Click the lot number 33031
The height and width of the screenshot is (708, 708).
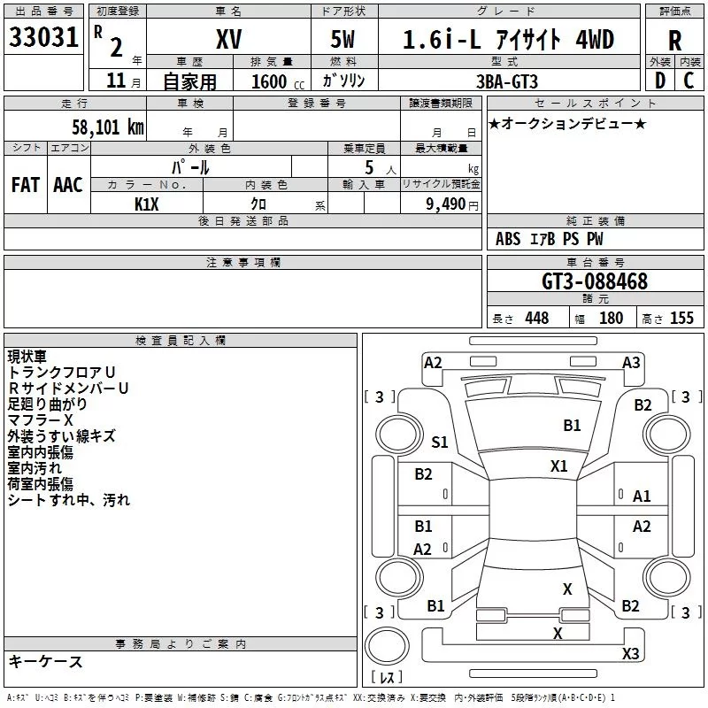pyautogui.click(x=43, y=37)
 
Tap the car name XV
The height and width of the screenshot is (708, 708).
pyautogui.click(x=229, y=39)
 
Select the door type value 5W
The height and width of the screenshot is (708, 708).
pyautogui.click(x=342, y=39)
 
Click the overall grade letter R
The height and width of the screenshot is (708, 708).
pyautogui.click(x=674, y=41)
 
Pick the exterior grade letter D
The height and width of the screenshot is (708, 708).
pyautogui.click(x=660, y=81)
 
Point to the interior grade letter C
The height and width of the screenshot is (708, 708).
pyautogui.click(x=689, y=81)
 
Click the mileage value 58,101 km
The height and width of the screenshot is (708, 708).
pyautogui.click(x=108, y=127)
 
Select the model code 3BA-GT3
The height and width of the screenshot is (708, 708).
pyautogui.click(x=507, y=81)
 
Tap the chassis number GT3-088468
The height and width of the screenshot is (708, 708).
pyautogui.click(x=595, y=281)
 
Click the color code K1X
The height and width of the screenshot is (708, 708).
pyautogui.click(x=147, y=204)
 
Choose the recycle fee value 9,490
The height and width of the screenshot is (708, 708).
pyautogui.click(x=446, y=204)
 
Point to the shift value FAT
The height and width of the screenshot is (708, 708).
pyautogui.click(x=26, y=185)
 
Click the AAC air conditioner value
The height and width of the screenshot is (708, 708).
pyautogui.click(x=68, y=185)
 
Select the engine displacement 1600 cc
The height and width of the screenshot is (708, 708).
pyautogui.click(x=278, y=81)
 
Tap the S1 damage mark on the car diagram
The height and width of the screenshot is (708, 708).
pyautogui.click(x=439, y=442)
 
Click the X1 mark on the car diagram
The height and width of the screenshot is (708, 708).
pyautogui.click(x=558, y=466)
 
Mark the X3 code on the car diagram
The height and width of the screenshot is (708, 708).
pyautogui.click(x=630, y=653)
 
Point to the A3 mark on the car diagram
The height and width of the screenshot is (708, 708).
pyautogui.click(x=631, y=363)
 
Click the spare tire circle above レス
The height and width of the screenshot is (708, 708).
pyautogui.click(x=387, y=646)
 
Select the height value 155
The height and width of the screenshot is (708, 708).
pyautogui.click(x=681, y=318)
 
